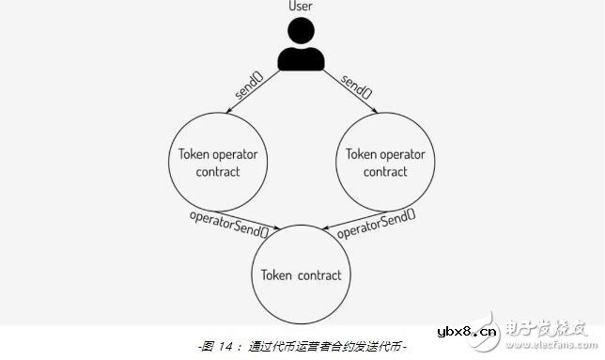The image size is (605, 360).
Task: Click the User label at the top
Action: pyautogui.click(x=302, y=8)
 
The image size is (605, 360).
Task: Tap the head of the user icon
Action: pyautogui.click(x=302, y=32)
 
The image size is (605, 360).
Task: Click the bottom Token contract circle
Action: pyautogui.click(x=302, y=275)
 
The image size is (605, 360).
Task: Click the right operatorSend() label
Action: pyautogui.click(x=376, y=224)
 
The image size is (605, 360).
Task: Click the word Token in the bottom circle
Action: pyautogui.click(x=277, y=275)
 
